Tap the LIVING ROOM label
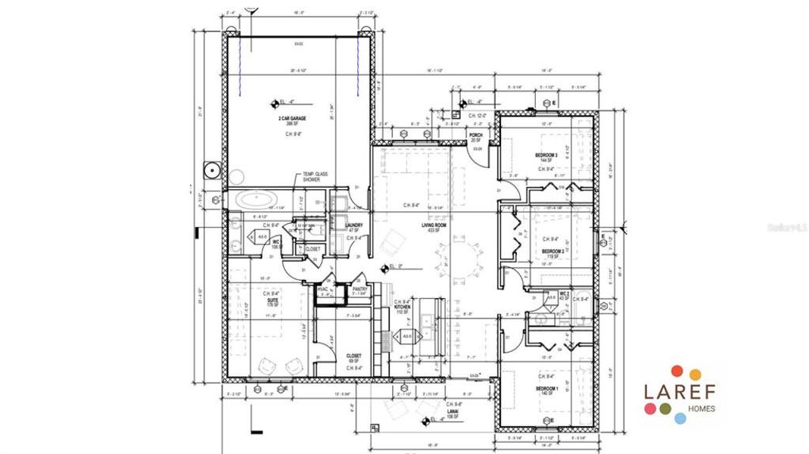(x=434, y=225)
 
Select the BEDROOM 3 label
(x=546, y=155)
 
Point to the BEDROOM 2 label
(x=552, y=251)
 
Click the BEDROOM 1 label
(x=547, y=389)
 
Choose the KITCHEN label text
(x=401, y=307)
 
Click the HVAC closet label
(x=323, y=289)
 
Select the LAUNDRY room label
(x=353, y=225)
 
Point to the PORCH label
(x=476, y=135)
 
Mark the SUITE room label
(x=272, y=299)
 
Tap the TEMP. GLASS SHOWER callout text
(x=316, y=176)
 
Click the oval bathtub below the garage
(x=255, y=200)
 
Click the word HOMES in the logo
(x=699, y=408)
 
